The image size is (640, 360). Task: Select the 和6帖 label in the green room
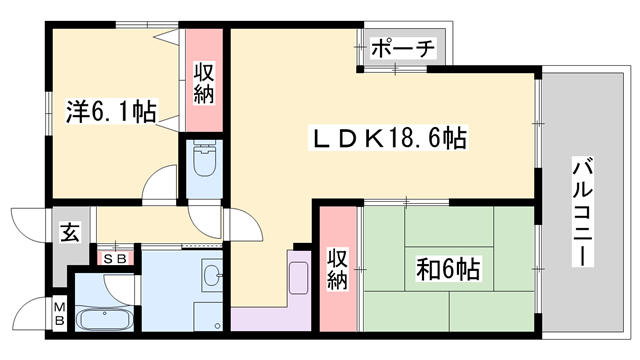pyautogui.click(x=447, y=269)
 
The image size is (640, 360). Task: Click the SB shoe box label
pyautogui.click(x=116, y=257)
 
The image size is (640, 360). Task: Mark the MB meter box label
pyautogui.click(x=59, y=314)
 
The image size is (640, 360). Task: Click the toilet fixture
pyautogui.click(x=202, y=161)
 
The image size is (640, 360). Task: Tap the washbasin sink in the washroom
pyautogui.click(x=211, y=274)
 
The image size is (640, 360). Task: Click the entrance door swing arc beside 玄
pyautogui.click(x=28, y=222)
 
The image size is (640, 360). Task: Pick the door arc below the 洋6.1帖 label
pyautogui.click(x=160, y=187)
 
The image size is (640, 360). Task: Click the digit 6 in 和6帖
pyautogui.click(x=446, y=269)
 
